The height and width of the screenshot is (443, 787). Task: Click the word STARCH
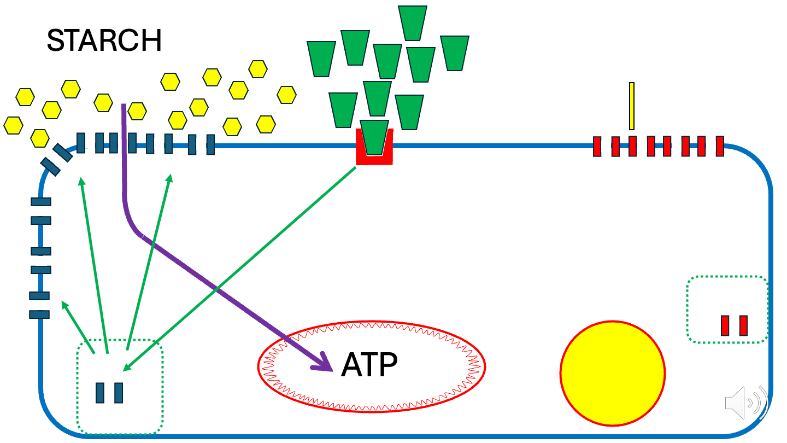[104, 40]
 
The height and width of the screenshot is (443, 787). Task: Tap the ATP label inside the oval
[369, 365]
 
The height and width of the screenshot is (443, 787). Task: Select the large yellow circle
[612, 374]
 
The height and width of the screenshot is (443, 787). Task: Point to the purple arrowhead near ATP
[325, 363]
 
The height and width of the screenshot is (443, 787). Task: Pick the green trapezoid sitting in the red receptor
[374, 137]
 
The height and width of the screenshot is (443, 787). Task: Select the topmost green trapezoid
[413, 22]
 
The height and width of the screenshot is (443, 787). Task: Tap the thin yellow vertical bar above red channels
[632, 106]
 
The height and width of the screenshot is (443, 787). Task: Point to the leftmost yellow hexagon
[13, 125]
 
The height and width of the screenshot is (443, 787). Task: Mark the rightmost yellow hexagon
[287, 95]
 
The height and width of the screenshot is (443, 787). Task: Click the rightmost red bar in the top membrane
[719, 146]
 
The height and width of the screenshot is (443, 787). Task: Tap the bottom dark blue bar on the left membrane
[39, 314]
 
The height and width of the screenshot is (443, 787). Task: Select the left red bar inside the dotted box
[725, 325]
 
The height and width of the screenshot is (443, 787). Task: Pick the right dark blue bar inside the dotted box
[118, 393]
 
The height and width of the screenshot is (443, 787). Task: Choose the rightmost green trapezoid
[455, 53]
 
